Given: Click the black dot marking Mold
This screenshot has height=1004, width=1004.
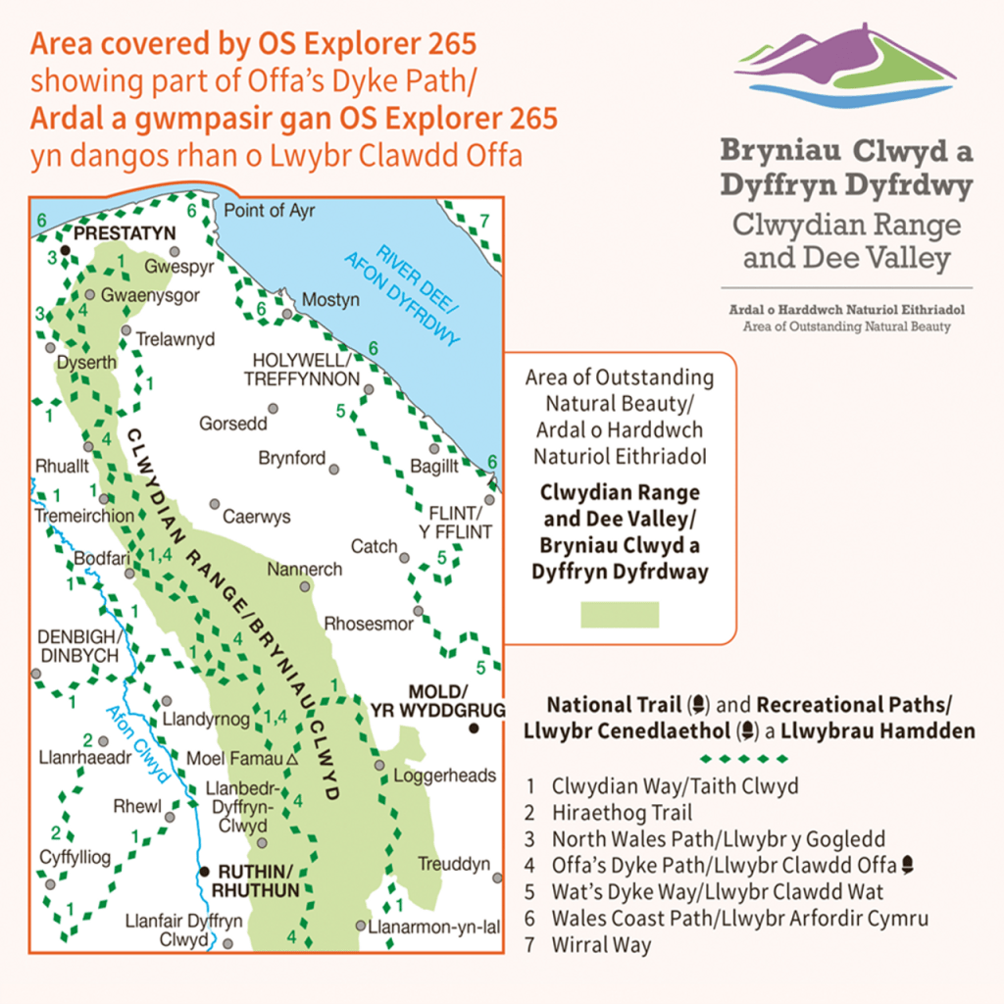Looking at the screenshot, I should (474, 728).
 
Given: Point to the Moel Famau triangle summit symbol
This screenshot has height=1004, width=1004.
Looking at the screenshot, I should (292, 759).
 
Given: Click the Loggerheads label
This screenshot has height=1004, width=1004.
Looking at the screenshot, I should (444, 776).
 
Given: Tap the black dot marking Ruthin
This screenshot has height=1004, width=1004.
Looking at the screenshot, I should (205, 871).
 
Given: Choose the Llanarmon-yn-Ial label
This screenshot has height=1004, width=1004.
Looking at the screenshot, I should (427, 926).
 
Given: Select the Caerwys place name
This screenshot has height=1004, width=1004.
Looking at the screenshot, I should (257, 517).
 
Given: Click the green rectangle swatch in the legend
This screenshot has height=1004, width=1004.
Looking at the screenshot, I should (620, 615).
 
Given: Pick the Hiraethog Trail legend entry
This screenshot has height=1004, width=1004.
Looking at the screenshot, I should (622, 813).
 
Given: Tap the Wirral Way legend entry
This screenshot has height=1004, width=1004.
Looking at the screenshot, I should (601, 945).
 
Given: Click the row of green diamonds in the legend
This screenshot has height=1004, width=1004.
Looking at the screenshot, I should (745, 759).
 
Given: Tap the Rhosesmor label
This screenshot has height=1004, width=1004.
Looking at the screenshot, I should (368, 623).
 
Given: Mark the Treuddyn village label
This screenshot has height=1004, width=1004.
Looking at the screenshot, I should (454, 864).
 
